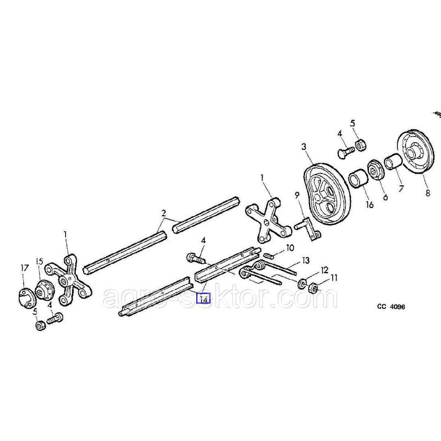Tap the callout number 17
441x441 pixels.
tap(24, 268)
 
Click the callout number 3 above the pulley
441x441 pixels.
tap(304, 147)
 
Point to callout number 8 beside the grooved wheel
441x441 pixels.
tap(427, 193)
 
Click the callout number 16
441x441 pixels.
tap(369, 204)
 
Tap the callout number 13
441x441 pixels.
tap(305, 261)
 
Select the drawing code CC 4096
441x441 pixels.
tap(391, 306)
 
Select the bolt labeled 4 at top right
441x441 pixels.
tap(345, 150)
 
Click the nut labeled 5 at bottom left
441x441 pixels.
tap(40, 325)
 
